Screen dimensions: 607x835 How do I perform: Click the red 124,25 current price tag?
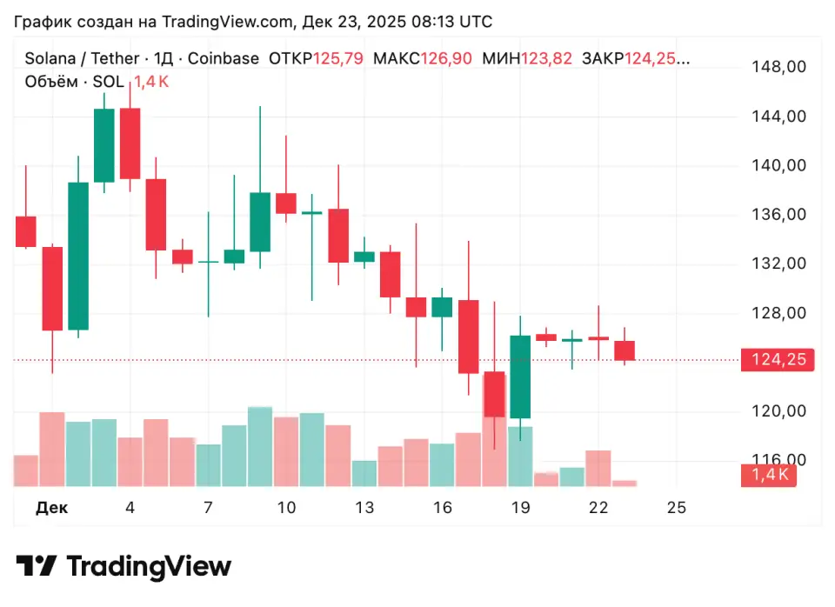point(777,360)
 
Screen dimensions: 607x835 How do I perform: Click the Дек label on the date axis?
point(51,509)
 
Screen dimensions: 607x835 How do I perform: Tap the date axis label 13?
point(364,509)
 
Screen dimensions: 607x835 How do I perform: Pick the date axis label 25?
point(677,509)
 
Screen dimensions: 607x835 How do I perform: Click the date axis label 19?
point(521,509)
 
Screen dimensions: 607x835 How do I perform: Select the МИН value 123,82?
point(546,59)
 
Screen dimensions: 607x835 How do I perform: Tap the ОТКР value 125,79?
point(337,59)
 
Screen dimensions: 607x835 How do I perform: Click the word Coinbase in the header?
point(224,59)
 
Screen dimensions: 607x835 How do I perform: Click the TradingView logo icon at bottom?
point(37,567)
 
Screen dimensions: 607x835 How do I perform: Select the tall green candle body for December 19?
point(520,377)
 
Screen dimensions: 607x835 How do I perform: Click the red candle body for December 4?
point(130,143)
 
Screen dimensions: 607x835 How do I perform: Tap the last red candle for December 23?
point(625,350)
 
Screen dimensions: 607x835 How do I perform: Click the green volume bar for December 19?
point(520,456)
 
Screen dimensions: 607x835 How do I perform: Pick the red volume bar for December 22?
point(598,468)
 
